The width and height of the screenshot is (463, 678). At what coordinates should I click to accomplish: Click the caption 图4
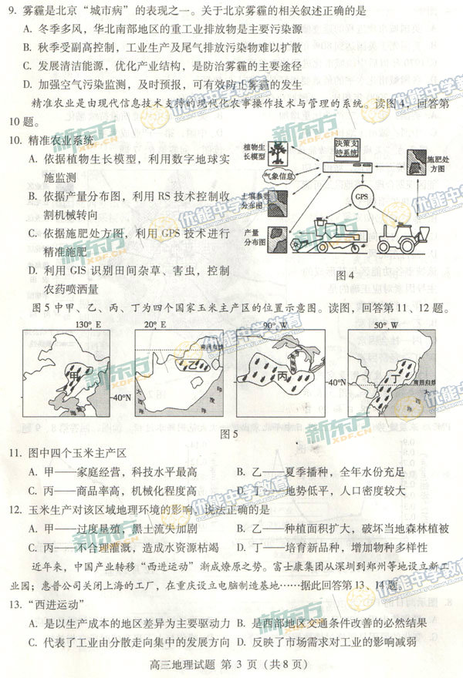344,275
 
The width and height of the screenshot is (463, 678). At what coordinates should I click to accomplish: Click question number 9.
12,12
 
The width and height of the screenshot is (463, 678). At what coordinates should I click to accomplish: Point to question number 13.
16,602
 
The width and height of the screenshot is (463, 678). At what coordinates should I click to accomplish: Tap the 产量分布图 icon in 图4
277,235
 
